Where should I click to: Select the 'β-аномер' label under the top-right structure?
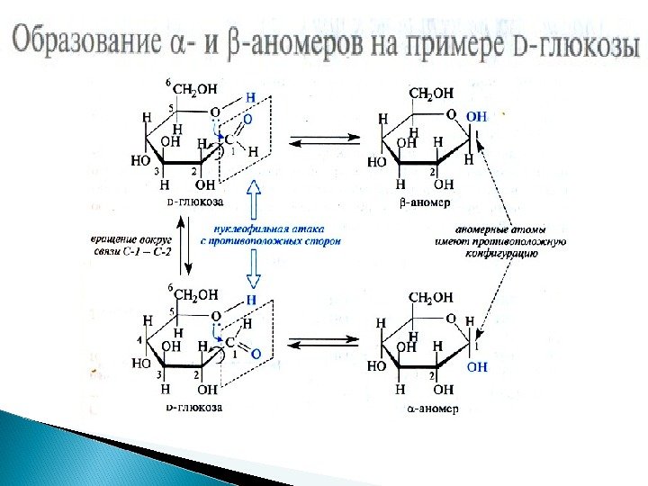tap(419, 205)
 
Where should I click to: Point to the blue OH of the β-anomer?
tap(477, 116)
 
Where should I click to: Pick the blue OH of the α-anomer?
tap(477, 366)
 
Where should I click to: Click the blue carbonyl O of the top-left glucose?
tap(247, 118)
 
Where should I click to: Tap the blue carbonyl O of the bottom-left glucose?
tap(256, 354)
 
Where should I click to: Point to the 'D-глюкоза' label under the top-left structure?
tap(195, 203)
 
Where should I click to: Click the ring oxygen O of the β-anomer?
tap(452, 115)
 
